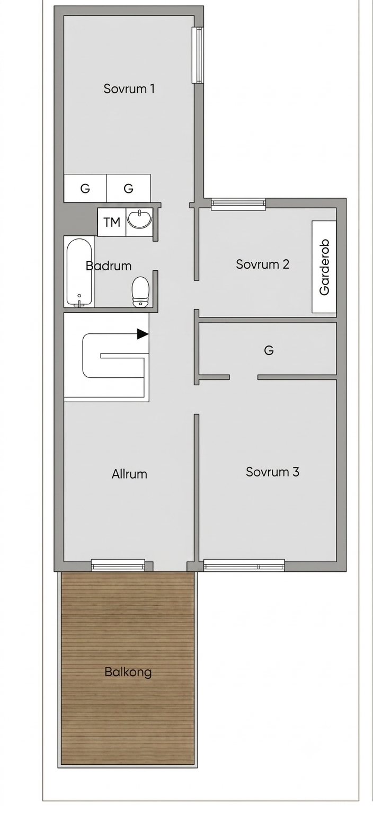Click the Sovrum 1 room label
[129, 89]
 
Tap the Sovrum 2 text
[262, 264]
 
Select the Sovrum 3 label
[272, 472]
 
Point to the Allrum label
[129, 474]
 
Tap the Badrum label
[109, 266]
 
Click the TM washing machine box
[112, 222]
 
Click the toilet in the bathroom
[140, 292]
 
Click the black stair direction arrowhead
[143, 334]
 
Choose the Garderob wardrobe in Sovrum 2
[324, 267]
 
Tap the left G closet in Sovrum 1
[85, 188]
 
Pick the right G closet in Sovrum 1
[128, 188]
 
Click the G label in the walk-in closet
[269, 350]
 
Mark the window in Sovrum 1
[199, 55]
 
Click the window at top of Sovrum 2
[238, 204]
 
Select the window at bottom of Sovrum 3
[244, 565]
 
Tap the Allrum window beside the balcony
[118, 565]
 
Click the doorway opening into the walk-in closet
[244, 377]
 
